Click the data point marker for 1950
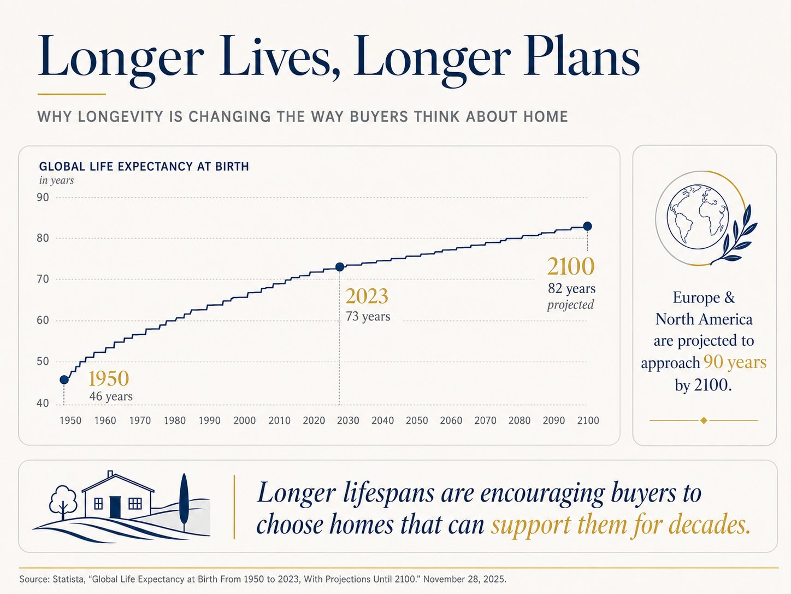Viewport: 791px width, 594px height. pyautogui.click(x=64, y=380)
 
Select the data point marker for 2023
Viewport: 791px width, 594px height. pyautogui.click(x=339, y=267)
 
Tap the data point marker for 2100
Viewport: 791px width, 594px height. pyautogui.click(x=587, y=226)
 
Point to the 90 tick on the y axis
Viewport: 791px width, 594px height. pyautogui.click(x=43, y=197)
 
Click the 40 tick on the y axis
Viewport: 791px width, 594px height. pyautogui.click(x=43, y=403)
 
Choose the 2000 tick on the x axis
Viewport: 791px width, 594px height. pyautogui.click(x=244, y=421)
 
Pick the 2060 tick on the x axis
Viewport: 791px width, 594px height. pyautogui.click(x=451, y=421)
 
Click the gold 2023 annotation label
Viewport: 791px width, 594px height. pyautogui.click(x=367, y=296)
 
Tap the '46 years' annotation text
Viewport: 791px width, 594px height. pyautogui.click(x=111, y=397)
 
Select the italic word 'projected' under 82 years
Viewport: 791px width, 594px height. pyautogui.click(x=570, y=305)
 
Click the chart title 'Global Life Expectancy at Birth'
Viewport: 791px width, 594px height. pyautogui.click(x=144, y=166)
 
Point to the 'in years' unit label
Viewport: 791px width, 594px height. pyautogui.click(x=56, y=180)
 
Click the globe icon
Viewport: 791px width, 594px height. pyautogui.click(x=698, y=217)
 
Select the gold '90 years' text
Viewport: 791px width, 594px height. pyautogui.click(x=735, y=362)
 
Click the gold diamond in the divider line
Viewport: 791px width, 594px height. pyautogui.click(x=704, y=421)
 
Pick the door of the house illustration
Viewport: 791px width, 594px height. pyautogui.click(x=115, y=507)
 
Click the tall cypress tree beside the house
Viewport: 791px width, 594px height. pyautogui.click(x=184, y=499)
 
